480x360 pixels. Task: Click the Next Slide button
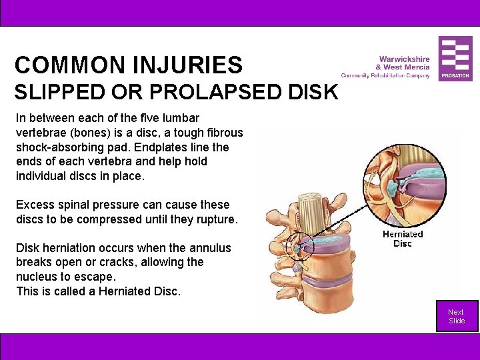pyautogui.click(x=457, y=317)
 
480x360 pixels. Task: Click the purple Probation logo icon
pyautogui.click(x=455, y=59)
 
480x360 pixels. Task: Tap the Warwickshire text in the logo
pyautogui.click(x=404, y=59)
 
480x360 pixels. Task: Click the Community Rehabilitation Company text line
pyautogui.click(x=385, y=75)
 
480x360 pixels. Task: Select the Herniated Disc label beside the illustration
pyautogui.click(x=403, y=239)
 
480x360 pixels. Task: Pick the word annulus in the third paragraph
pyautogui.click(x=209, y=248)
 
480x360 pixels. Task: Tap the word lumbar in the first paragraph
pyautogui.click(x=180, y=118)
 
